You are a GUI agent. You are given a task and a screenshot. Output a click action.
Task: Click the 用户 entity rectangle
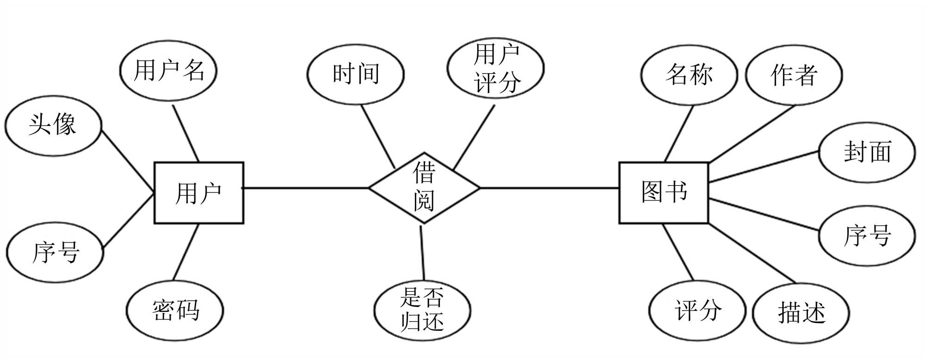pyautogui.click(x=198, y=192)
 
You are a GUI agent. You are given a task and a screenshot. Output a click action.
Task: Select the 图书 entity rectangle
pyautogui.click(x=664, y=192)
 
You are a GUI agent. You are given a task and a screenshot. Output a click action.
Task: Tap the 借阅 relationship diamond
pyautogui.click(x=424, y=188)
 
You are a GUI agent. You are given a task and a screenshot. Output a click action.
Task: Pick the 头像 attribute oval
pyautogui.click(x=53, y=125)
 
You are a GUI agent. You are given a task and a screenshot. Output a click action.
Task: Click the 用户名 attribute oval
pyautogui.click(x=168, y=70)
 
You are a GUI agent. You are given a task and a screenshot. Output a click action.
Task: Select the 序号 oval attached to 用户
pyautogui.click(x=55, y=252)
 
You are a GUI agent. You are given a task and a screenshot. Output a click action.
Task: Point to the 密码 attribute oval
pyautogui.click(x=175, y=310)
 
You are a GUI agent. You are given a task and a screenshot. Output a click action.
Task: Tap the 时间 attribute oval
pyautogui.click(x=355, y=74)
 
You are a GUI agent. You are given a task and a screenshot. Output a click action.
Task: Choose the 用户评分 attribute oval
pyautogui.click(x=496, y=68)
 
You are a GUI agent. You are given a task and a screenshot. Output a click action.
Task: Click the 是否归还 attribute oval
pyautogui.click(x=422, y=310)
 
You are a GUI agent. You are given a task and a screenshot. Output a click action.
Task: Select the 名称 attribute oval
pyautogui.click(x=689, y=74)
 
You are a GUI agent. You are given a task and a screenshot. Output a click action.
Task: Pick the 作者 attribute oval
pyautogui.click(x=794, y=74)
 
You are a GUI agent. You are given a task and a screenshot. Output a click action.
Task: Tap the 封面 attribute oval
pyautogui.click(x=867, y=152)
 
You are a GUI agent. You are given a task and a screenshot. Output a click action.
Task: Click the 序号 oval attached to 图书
pyautogui.click(x=867, y=236)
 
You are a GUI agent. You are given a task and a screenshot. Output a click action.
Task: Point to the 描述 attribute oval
pyautogui.click(x=801, y=312)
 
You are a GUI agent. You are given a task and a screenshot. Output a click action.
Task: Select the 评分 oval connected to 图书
pyautogui.click(x=697, y=310)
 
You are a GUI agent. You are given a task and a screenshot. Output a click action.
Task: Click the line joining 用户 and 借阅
pyautogui.click(x=305, y=188)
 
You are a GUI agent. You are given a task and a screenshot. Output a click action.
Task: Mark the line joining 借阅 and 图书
pyautogui.click(x=549, y=188)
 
